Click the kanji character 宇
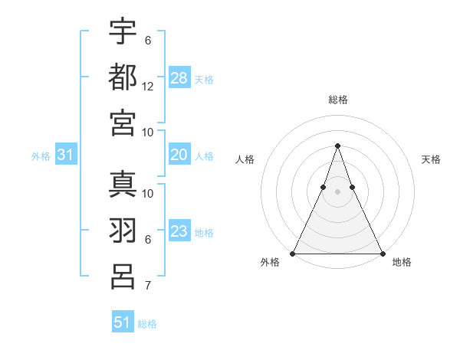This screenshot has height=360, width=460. coord(123,31)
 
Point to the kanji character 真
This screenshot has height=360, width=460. coord(123,184)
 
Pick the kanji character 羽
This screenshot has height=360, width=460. coord(123,230)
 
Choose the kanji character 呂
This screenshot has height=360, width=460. coord(123,276)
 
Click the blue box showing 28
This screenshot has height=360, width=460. coord(179,78)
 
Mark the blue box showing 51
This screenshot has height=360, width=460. coord(123,322)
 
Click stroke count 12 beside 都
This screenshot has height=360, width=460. coord(148,87)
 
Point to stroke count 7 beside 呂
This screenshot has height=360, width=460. coord(148,286)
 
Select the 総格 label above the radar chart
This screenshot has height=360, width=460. coord(337,100)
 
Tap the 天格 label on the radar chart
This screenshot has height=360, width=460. coord(432,159)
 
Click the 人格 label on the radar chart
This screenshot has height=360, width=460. coord(245,159)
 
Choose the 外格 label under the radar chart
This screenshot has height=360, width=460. coord(269,263)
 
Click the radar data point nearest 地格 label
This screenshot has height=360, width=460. coord(382,254)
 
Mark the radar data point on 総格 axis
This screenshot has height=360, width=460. coord(337,146)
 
